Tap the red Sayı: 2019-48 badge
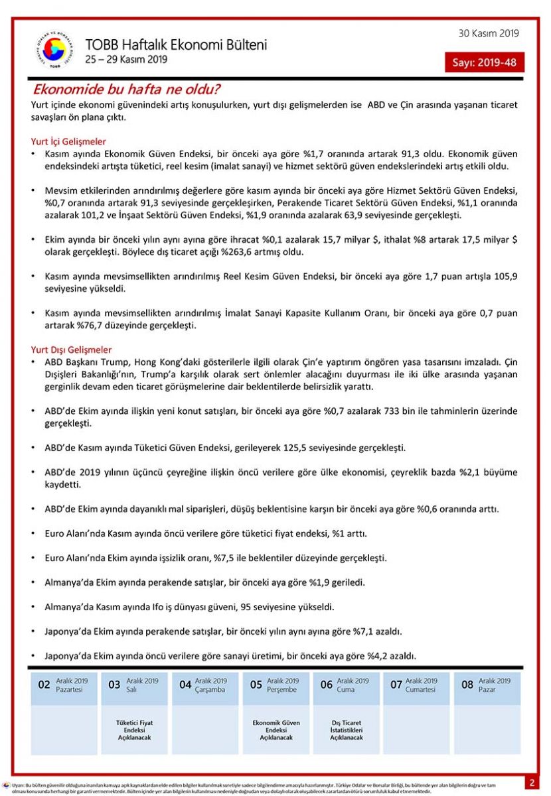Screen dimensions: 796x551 (x=484, y=63)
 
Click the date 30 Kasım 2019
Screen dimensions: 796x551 (x=489, y=34)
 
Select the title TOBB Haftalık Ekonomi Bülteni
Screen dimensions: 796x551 (x=176, y=45)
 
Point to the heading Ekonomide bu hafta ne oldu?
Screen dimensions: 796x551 (x=127, y=90)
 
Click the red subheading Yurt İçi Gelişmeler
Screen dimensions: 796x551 (x=68, y=142)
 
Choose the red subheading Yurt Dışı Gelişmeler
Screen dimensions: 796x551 (x=72, y=350)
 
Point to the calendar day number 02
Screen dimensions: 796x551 (x=44, y=685)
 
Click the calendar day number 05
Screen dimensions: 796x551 (x=256, y=685)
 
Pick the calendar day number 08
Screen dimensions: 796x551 (x=467, y=685)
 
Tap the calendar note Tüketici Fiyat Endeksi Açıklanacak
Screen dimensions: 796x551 (x=134, y=730)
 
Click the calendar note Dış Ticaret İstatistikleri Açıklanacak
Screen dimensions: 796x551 (x=346, y=730)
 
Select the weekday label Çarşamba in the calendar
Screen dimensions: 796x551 (x=210, y=690)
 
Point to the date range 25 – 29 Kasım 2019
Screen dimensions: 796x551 (x=126, y=60)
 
